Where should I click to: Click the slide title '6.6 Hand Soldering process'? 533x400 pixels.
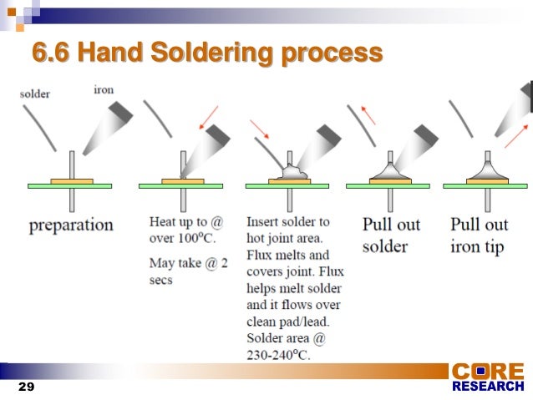(x=207, y=54)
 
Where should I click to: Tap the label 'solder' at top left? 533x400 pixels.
(x=34, y=94)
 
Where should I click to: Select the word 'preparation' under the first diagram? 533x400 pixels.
(x=71, y=225)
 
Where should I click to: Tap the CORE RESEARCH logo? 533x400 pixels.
(x=488, y=377)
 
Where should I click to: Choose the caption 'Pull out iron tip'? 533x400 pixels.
(x=477, y=235)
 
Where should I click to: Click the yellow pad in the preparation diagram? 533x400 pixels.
(x=72, y=180)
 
